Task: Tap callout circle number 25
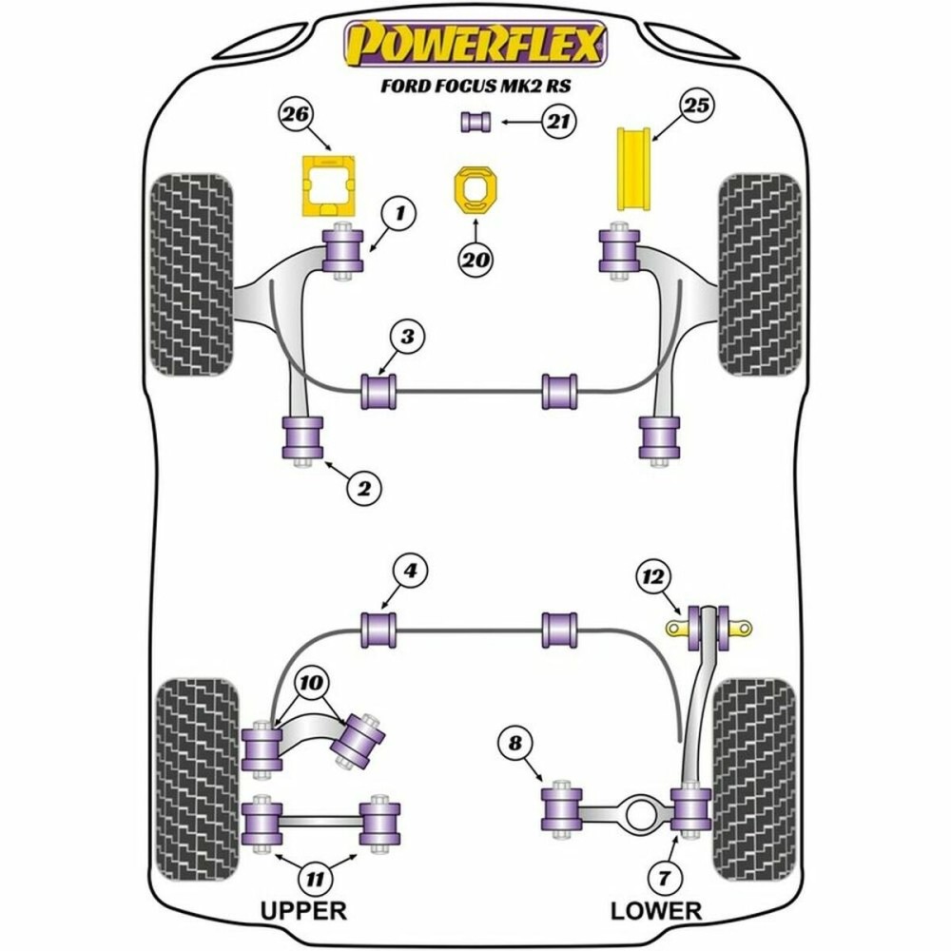(x=697, y=107)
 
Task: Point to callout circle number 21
(x=555, y=121)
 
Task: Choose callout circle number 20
(x=475, y=259)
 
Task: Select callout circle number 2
(x=362, y=489)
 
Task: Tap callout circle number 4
(x=410, y=571)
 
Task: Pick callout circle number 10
(x=312, y=682)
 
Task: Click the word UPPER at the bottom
(x=303, y=910)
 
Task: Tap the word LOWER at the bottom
(x=655, y=910)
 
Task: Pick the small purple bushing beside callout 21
(x=475, y=122)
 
